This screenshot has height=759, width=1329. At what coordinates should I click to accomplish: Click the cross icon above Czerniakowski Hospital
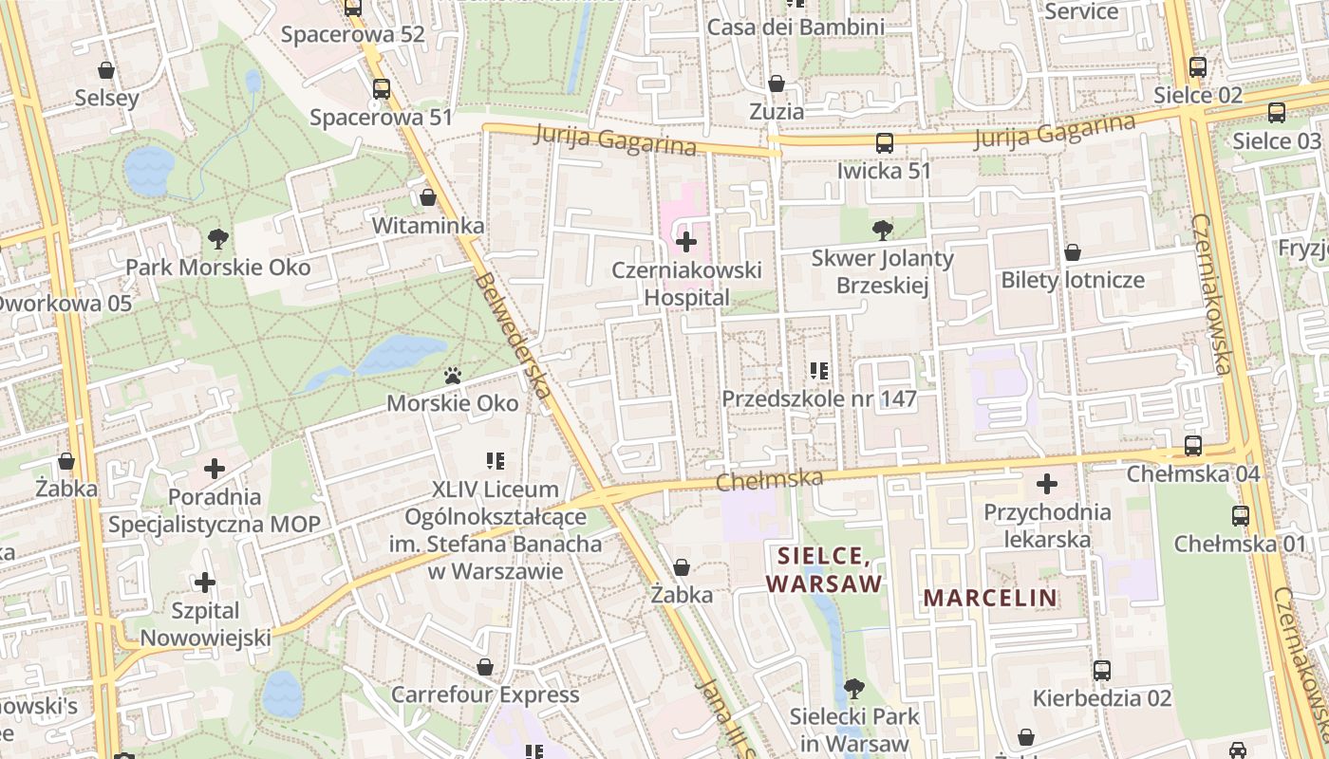685,242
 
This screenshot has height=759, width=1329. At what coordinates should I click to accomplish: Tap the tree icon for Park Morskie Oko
218,238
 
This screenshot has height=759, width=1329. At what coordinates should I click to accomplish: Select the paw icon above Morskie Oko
453,376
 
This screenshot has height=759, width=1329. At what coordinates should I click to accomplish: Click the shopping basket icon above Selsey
106,70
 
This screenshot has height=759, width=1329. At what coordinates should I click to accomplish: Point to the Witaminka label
428,226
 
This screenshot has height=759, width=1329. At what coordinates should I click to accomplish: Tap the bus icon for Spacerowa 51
381,89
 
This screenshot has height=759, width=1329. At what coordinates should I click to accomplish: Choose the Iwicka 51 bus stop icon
884,143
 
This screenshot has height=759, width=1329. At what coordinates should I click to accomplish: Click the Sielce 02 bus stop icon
1197,67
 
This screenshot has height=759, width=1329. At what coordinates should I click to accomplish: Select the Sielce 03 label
1277,141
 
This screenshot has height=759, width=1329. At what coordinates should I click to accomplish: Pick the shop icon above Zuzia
776,83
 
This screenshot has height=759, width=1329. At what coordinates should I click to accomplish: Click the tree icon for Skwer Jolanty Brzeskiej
882,230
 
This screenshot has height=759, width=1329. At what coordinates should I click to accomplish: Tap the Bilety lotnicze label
1073,280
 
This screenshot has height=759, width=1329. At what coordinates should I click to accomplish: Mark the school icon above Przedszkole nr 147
819,370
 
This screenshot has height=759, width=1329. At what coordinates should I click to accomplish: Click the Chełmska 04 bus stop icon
1192,445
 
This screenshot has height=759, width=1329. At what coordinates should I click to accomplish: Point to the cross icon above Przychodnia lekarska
1046,484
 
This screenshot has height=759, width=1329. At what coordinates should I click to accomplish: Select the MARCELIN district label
990,598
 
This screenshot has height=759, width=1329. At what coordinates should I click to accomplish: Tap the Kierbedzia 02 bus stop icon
1101,671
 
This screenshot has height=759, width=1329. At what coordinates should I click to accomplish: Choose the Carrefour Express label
485,694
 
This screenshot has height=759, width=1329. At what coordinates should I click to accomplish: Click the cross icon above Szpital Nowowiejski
204,582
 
